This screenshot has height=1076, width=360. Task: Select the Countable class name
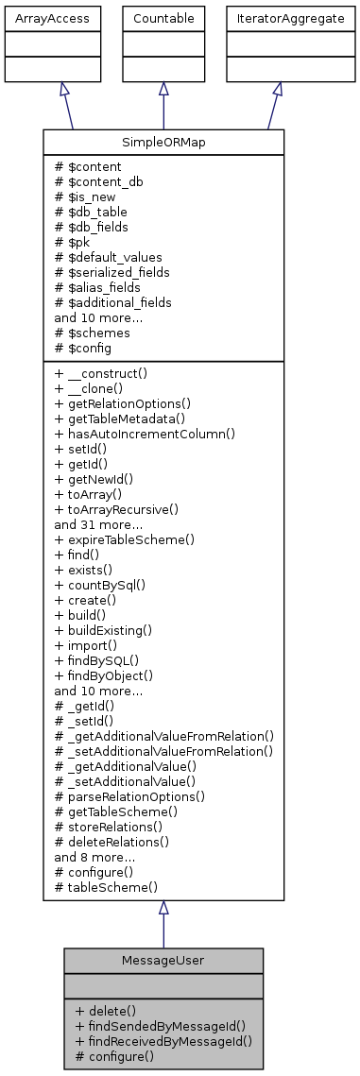163,18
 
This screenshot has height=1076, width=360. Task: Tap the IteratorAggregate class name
277,18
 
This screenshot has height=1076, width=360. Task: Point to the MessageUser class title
163,960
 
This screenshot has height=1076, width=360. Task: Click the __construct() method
104,373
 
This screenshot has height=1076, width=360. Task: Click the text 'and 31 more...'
98,524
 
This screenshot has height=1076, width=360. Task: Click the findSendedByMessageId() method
160,1025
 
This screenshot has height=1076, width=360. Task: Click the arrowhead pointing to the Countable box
163,89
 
